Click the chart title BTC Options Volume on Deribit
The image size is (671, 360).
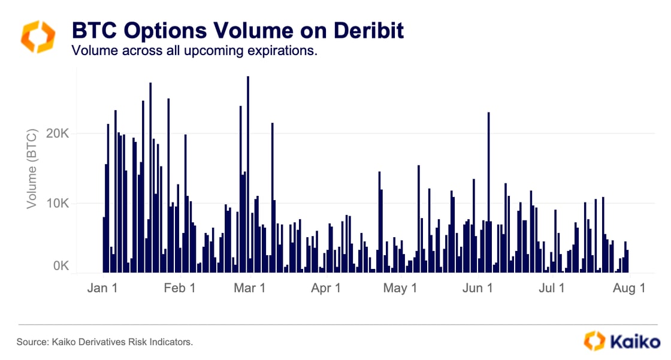coord(238,30)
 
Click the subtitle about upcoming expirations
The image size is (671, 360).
coord(194,50)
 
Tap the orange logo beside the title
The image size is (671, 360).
coord(38,37)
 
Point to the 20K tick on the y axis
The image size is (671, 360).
coord(58,133)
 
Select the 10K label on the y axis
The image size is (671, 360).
coord(58,203)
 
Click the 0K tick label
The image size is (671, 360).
coord(62,265)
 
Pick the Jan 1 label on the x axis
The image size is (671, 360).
coord(102,288)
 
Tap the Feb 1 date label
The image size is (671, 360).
coord(179,288)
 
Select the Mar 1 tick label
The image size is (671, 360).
coord(249,288)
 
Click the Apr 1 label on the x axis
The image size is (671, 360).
coord(326,288)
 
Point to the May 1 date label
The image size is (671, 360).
coord(400,288)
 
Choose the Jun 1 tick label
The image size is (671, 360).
coord(477,288)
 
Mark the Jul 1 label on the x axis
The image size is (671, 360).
coord(551,288)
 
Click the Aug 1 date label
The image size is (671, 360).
coord(628,288)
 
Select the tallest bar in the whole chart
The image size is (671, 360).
coord(247,174)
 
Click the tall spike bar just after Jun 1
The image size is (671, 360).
coord(489,192)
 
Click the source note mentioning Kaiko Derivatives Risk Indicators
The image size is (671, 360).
coord(105,342)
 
